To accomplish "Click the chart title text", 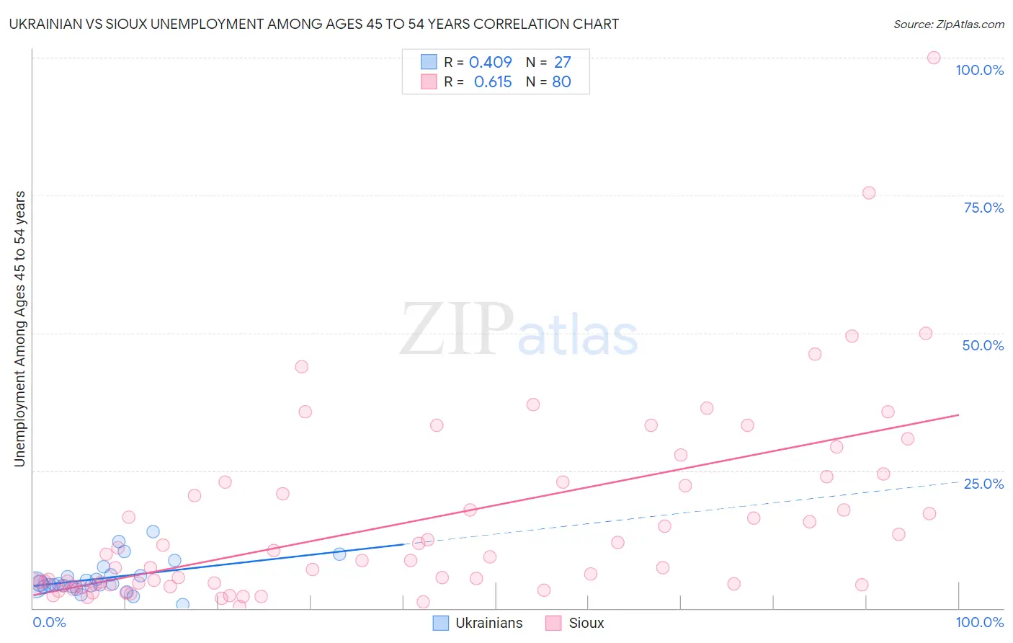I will tap(313, 24).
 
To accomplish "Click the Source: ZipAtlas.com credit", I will tap(948, 24).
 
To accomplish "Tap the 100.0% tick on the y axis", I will tap(979, 70).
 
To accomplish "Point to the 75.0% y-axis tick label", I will tap(983, 208).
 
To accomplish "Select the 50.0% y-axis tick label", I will tap(983, 345).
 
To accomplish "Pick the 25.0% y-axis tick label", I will tap(983, 484).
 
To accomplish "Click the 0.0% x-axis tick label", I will tap(49, 622).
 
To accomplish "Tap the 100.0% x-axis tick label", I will tap(979, 622).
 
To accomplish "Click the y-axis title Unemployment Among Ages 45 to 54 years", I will tap(19, 329).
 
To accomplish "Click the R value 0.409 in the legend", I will tap(490, 63).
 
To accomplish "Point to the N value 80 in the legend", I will tap(561, 82).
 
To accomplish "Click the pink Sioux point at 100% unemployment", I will tap(934, 58).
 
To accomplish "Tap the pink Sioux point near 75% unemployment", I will tap(869, 192).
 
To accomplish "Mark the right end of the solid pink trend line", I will tap(958, 414).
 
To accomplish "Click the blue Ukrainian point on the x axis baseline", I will tap(183, 604).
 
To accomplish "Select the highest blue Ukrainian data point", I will tap(153, 531).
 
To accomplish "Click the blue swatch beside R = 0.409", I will tap(429, 63).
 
